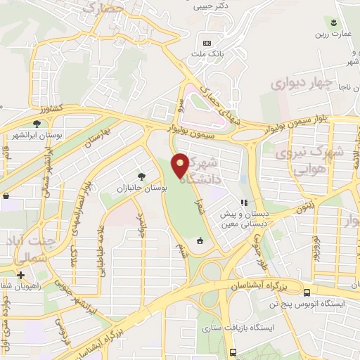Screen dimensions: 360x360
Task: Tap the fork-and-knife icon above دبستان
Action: tap(245, 202)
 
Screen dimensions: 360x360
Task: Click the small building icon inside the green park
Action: tap(200, 241)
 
